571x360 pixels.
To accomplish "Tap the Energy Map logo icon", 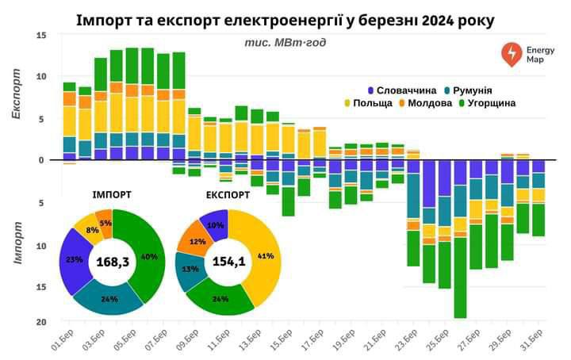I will click(512, 53).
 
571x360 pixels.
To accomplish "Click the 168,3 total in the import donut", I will click(112, 262).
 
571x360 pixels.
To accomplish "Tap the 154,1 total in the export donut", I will click(228, 262).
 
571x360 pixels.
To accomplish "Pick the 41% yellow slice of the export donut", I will click(265, 256).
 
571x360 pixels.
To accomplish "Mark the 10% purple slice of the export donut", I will click(214, 225).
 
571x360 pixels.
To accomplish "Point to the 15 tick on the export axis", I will click(42, 36).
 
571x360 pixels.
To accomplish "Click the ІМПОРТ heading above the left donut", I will click(112, 193).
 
